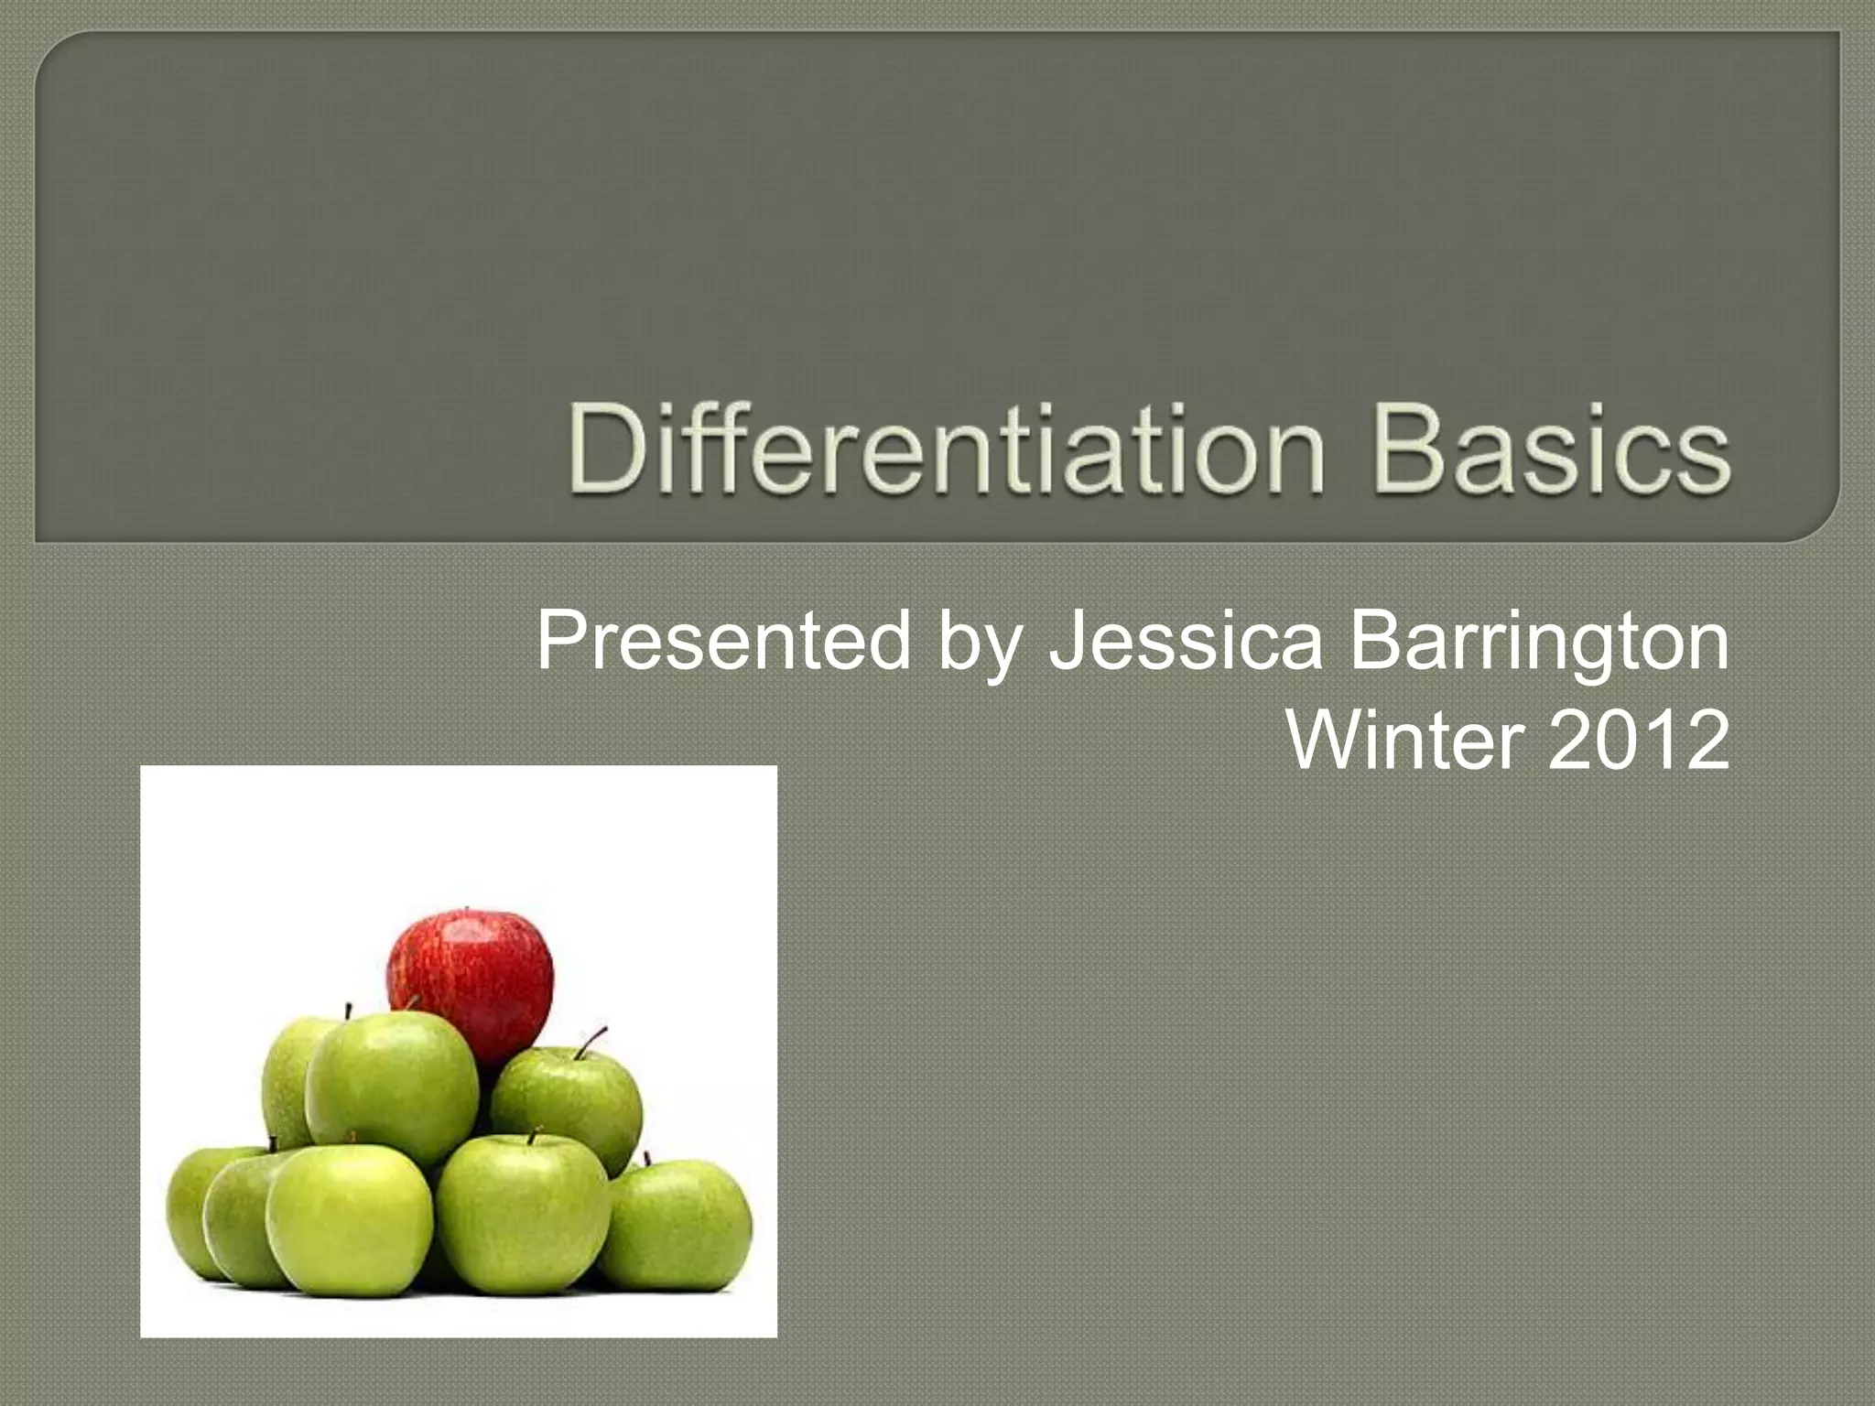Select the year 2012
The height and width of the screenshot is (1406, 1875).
1638,740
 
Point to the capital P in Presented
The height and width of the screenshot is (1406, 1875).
562,641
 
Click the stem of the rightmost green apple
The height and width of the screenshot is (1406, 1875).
647,1159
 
